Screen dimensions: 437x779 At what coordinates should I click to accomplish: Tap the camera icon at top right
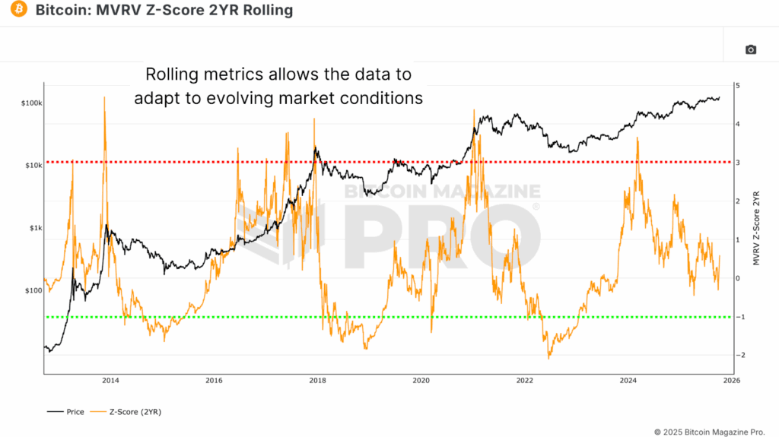click(750, 49)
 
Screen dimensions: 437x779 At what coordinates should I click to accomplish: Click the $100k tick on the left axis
click(31, 103)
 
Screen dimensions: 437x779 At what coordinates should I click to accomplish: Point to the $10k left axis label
click(33, 166)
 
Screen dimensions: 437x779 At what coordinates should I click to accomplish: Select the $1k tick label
click(34, 228)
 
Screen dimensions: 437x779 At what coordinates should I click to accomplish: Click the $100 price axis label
click(33, 291)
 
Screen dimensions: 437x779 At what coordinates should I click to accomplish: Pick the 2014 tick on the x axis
click(110, 380)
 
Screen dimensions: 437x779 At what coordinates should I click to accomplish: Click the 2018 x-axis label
click(317, 380)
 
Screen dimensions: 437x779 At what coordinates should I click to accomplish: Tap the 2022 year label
click(524, 380)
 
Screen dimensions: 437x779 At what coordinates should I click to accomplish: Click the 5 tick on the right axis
click(737, 85)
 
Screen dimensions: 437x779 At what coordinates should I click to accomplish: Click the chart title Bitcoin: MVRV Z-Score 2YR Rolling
click(164, 11)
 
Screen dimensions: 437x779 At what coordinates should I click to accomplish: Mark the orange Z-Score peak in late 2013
click(104, 98)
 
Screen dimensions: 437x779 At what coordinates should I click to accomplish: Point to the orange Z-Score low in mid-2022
click(548, 357)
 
